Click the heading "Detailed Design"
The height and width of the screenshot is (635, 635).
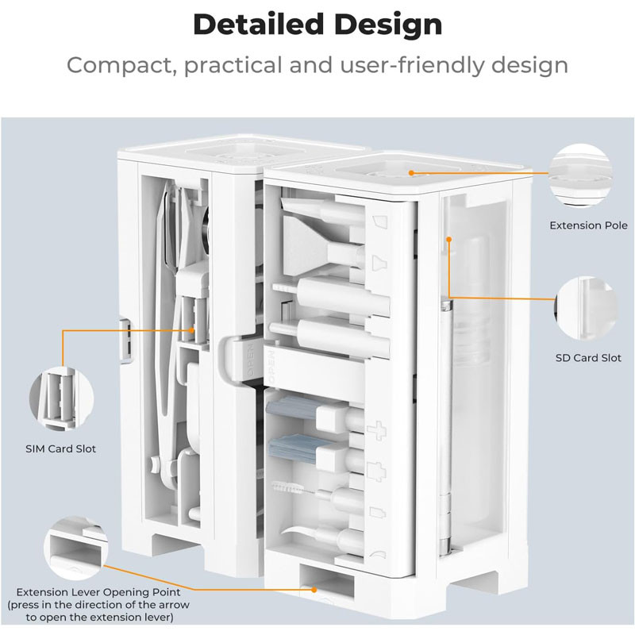317,25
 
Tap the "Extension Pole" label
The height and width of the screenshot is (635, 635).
588,225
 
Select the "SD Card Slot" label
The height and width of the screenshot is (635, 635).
588,358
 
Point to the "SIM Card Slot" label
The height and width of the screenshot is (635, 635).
61,448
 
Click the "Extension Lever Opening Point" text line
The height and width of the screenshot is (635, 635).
98,592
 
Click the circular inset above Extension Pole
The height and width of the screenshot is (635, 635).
580,175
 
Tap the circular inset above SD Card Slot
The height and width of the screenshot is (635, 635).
587,309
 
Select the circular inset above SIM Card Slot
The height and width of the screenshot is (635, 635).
62,399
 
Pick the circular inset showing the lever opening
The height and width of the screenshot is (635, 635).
76,548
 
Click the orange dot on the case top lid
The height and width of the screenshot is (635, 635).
411,173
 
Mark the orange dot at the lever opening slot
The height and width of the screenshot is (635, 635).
314,590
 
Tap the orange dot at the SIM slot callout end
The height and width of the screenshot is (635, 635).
191,330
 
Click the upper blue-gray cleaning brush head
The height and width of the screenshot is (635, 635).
291,408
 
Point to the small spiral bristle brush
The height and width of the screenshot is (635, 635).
292,488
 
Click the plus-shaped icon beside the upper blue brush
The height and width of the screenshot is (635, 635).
376,430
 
